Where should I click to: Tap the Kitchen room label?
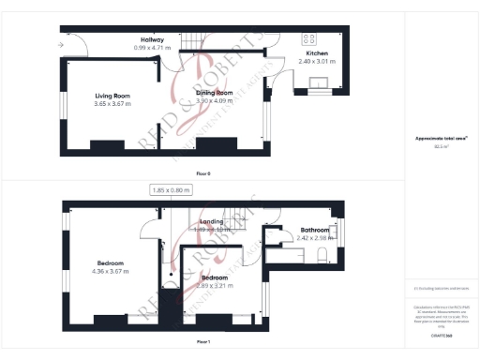pos(317,54)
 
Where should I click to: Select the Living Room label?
pos(112,96)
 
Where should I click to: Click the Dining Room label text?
pos(214,93)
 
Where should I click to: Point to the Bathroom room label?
pos(315,230)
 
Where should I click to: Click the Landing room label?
pos(211,221)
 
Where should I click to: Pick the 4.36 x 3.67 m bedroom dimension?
pos(111,271)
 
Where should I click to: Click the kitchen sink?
pos(319,82)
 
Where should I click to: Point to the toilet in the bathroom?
pos(322,257)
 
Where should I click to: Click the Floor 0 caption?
pos(203,173)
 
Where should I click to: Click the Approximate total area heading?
pos(442,139)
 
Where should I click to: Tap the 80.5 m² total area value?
pos(442,147)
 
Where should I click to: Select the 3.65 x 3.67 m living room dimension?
pos(112,103)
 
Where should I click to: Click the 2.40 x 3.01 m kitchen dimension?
pos(317,62)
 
